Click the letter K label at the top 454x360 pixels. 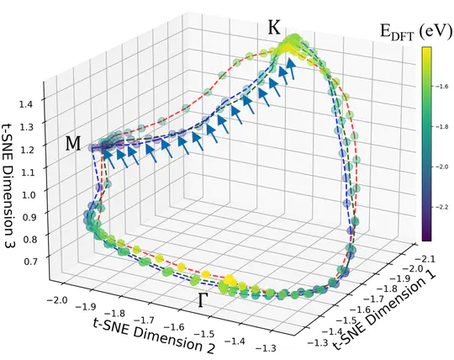click(275, 28)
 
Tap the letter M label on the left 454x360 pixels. click(75, 145)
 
